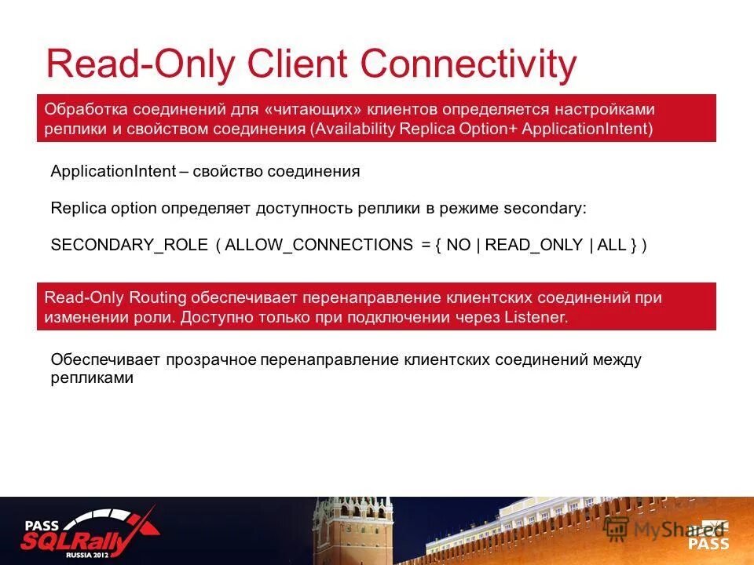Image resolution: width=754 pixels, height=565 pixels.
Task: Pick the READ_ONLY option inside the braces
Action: [x=534, y=245]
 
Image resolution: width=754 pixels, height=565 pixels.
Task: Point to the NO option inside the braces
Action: [x=459, y=245]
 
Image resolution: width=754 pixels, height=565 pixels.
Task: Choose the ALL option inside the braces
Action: [x=611, y=245]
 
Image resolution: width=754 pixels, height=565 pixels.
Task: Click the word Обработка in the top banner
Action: [x=84, y=108]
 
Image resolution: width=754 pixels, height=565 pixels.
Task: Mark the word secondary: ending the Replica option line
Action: [x=544, y=209]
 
